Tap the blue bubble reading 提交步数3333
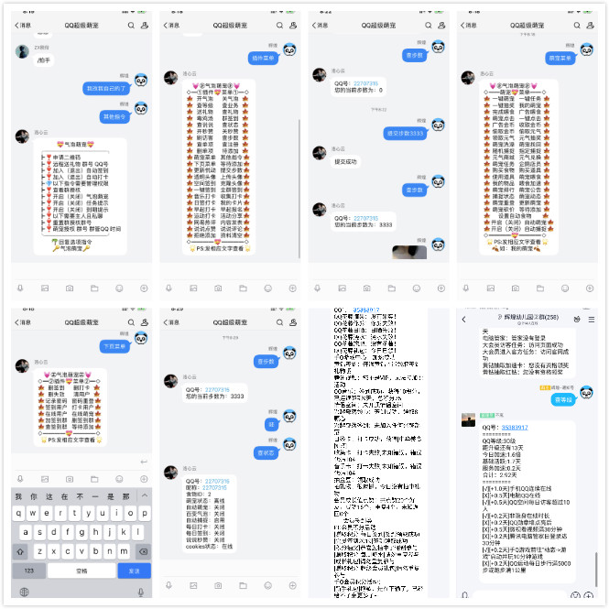click(x=405, y=134)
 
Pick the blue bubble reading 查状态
click(x=265, y=452)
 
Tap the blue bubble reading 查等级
click(x=561, y=399)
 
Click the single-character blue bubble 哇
click(x=270, y=424)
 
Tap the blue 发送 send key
click(x=135, y=570)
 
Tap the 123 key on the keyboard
click(x=27, y=570)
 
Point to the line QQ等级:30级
click(x=502, y=440)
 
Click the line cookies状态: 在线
click(x=209, y=547)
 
